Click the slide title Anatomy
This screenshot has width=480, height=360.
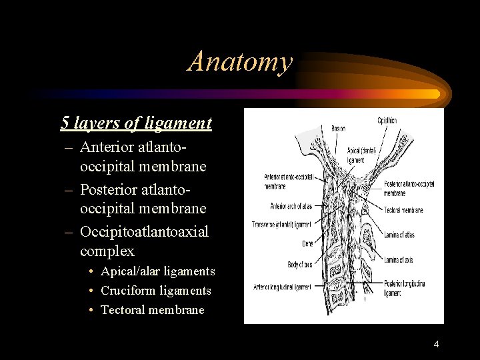point(240,61)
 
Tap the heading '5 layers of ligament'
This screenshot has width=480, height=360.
point(136,123)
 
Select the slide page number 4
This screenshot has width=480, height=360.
point(436,344)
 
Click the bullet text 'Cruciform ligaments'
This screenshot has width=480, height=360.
point(155,291)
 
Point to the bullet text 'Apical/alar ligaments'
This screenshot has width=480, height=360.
point(157,271)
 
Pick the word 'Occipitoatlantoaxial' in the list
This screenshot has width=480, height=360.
point(144,232)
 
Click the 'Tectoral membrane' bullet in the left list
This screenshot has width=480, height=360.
point(152,310)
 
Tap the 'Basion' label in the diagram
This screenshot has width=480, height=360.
point(339,128)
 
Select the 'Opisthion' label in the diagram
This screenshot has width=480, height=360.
point(387,121)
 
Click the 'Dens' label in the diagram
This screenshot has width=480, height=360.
point(307,244)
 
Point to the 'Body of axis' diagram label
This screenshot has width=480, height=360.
point(300,265)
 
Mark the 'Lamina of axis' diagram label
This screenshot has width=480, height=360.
point(400,259)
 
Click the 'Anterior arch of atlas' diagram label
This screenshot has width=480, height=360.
point(292,206)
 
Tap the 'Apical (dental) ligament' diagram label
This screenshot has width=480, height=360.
point(362,155)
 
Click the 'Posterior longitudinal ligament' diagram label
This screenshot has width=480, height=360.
point(404,288)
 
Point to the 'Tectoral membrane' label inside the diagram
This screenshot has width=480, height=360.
point(403,210)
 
